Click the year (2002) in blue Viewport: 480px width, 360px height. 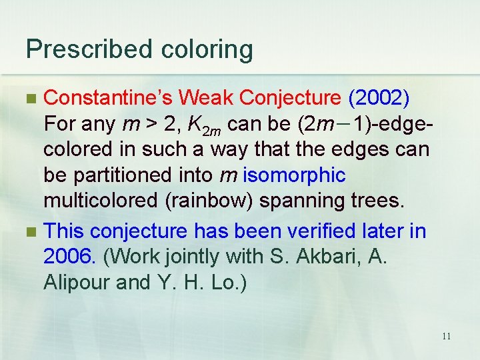tap(379, 98)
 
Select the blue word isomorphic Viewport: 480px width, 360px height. tap(295, 176)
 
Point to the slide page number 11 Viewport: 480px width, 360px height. tap(446, 336)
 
